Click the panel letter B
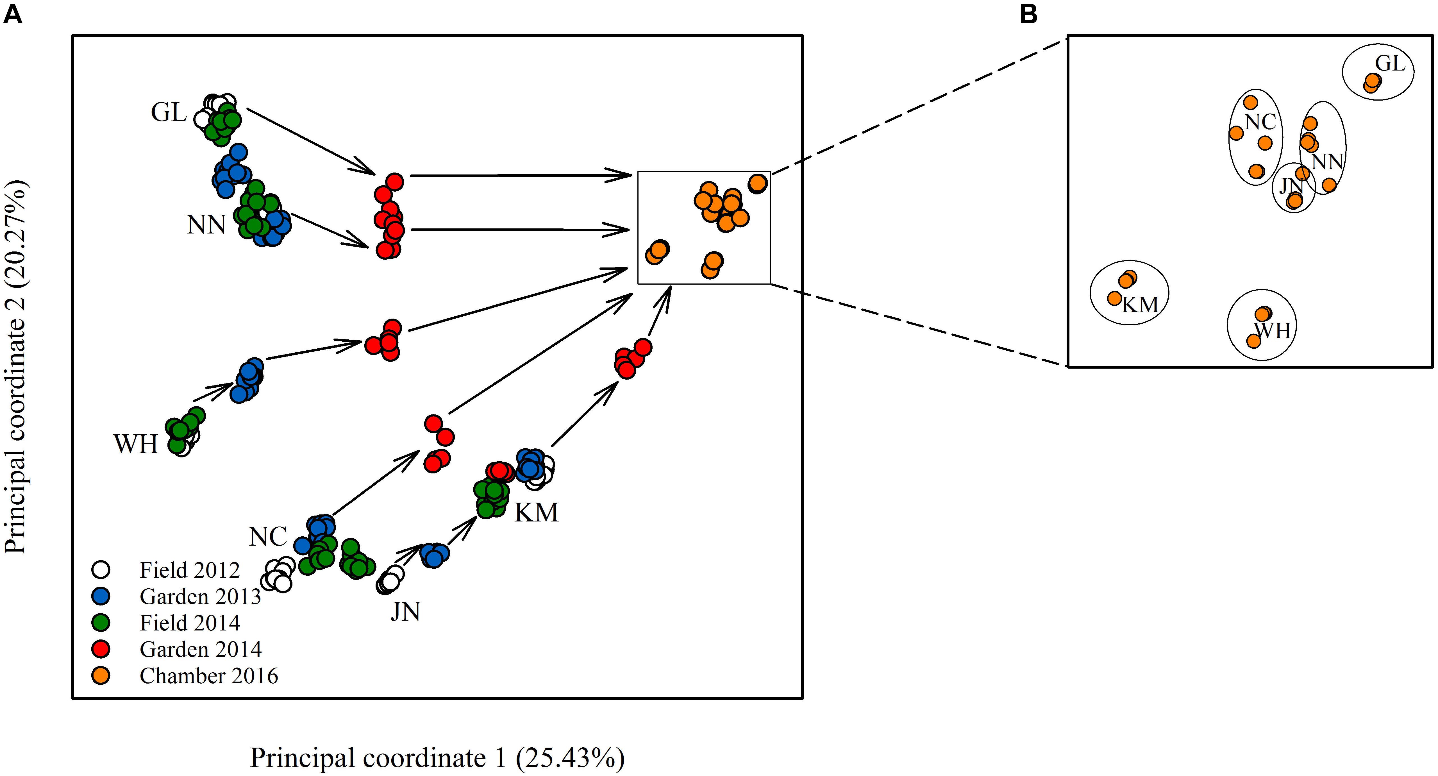click(x=1028, y=14)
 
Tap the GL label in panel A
click(x=169, y=113)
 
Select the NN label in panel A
click(x=206, y=225)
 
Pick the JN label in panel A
click(x=405, y=612)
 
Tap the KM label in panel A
click(x=536, y=512)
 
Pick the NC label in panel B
click(x=1260, y=122)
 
